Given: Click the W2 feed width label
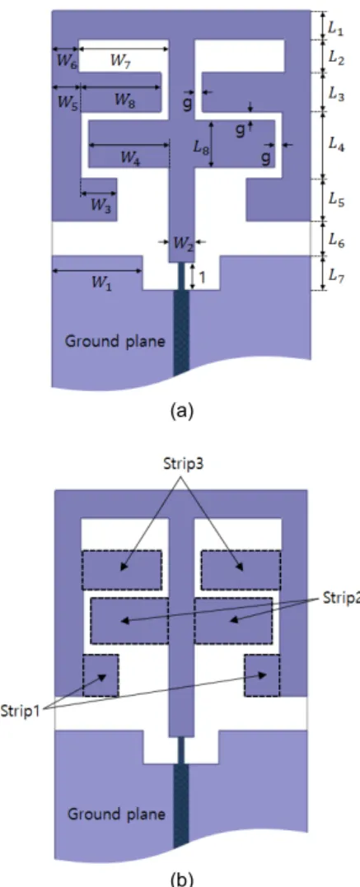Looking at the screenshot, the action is click(x=182, y=244).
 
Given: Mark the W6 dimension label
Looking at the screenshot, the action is click(x=65, y=63).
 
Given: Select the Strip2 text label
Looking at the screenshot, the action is click(x=341, y=599).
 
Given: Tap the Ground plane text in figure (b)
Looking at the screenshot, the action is click(x=117, y=815).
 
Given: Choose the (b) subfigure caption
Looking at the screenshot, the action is click(x=180, y=880).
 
